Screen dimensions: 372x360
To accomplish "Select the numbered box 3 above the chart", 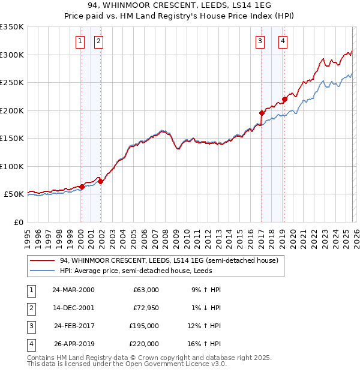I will [260, 41].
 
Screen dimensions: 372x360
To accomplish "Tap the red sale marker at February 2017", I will [262, 113].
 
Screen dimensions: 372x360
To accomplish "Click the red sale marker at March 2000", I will [82, 187].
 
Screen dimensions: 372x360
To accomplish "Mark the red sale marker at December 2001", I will [100, 181].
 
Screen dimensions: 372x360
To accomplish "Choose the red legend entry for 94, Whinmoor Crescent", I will [168, 261].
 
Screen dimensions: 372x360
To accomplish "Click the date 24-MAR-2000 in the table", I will [73, 290].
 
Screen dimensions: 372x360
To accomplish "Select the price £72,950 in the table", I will [146, 308].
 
